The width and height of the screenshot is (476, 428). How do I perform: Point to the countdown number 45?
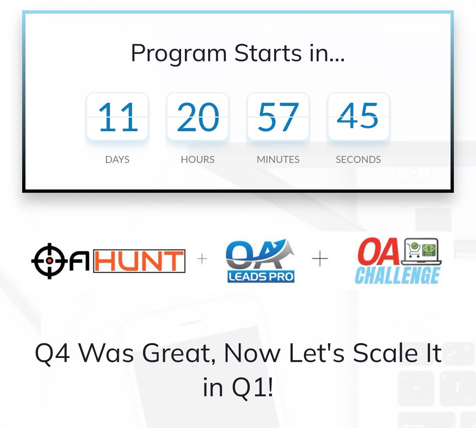pyautogui.click(x=358, y=116)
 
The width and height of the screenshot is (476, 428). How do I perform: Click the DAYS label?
pyautogui.click(x=117, y=159)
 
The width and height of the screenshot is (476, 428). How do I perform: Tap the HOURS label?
pyautogui.click(x=198, y=159)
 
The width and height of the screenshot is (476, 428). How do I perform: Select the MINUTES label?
pyautogui.click(x=278, y=159)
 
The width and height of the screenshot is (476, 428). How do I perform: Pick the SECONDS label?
pyautogui.click(x=358, y=159)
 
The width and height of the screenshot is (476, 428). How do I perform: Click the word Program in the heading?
pyautogui.click(x=178, y=54)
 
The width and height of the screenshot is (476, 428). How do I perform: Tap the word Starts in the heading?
pyautogui.click(x=268, y=53)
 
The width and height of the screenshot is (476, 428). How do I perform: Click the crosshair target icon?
pyautogui.click(x=49, y=261)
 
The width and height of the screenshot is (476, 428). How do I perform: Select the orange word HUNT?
pyautogui.click(x=139, y=261)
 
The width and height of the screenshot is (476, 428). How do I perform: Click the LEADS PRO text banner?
pyautogui.click(x=261, y=276)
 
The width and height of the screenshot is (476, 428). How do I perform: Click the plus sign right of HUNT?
pyautogui.click(x=202, y=259)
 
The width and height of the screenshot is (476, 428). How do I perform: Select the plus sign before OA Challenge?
pyautogui.click(x=320, y=259)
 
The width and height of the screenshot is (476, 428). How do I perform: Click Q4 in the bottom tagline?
pyautogui.click(x=53, y=353)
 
